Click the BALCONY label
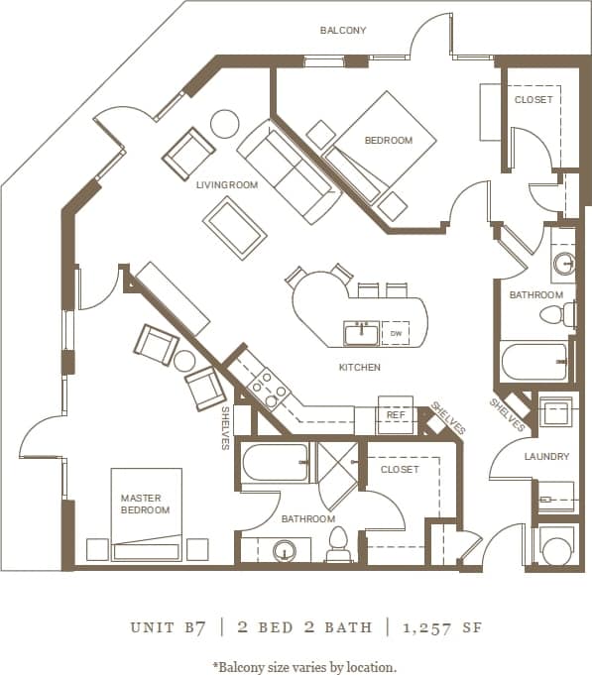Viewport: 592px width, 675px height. tap(342, 31)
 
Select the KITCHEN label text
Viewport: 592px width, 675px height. tap(358, 368)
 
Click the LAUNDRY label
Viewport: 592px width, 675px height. tap(546, 457)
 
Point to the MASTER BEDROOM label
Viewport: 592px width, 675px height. tap(145, 504)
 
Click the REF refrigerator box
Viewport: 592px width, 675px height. tap(395, 416)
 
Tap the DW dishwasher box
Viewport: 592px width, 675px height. tap(396, 334)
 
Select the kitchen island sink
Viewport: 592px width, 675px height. tap(361, 333)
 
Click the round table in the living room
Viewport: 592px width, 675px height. tap(224, 123)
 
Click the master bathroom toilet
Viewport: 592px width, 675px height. tap(337, 543)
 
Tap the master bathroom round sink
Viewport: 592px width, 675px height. tap(286, 551)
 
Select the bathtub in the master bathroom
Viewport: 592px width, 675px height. tap(275, 462)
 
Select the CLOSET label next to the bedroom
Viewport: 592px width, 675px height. tap(533, 100)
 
